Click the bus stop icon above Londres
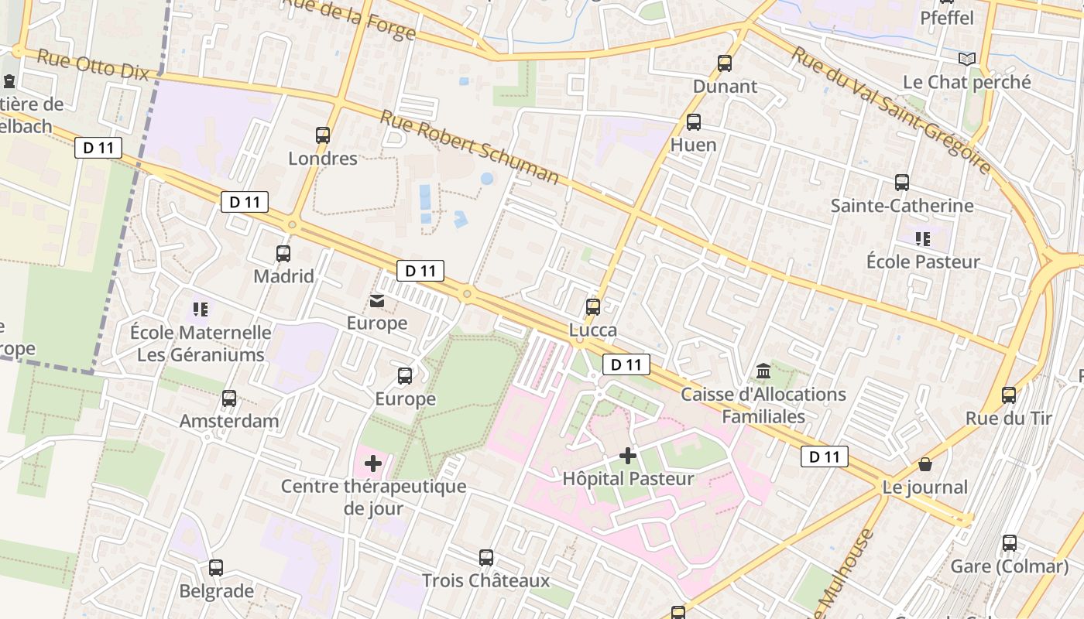tap(323, 135)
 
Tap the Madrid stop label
tap(284, 276)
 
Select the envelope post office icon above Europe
tap(377, 300)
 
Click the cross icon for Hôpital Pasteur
tap(628, 456)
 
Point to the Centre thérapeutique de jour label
tap(373, 497)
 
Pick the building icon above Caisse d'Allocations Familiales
tap(763, 371)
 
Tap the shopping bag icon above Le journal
tap(924, 464)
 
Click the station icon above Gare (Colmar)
tap(1009, 543)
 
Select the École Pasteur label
tap(922, 262)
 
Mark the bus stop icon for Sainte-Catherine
tap(902, 183)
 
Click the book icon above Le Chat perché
tap(966, 59)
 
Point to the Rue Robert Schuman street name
tap(468, 147)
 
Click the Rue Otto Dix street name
tap(92, 65)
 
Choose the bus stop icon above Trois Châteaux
tap(486, 557)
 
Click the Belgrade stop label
tap(216, 591)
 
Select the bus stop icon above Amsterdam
tap(229, 398)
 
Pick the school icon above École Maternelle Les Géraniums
tap(201, 309)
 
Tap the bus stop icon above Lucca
tap(593, 307)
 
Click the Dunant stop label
tap(725, 86)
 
